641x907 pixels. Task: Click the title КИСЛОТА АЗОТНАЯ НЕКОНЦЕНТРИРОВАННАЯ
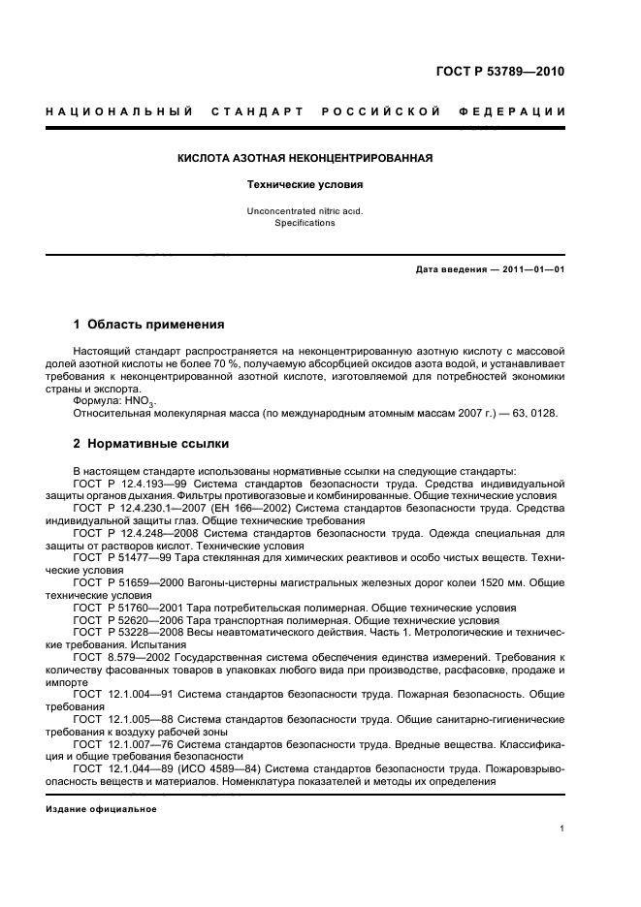(x=304, y=157)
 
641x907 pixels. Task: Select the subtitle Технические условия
(x=304, y=183)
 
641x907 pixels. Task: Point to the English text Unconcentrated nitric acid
(x=304, y=210)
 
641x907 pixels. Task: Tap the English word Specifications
(x=304, y=222)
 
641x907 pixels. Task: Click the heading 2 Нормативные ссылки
(x=151, y=445)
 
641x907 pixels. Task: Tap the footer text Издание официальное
(x=101, y=808)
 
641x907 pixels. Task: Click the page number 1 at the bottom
(x=562, y=828)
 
